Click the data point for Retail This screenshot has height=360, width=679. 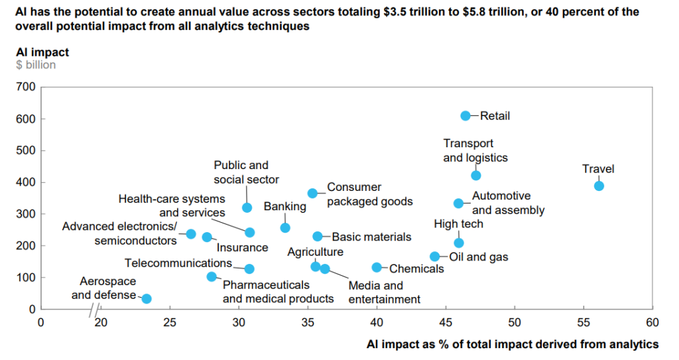tap(465, 116)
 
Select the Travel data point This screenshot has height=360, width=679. tap(599, 186)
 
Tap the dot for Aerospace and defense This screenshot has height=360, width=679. tap(147, 299)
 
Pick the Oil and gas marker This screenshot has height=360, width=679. tap(435, 257)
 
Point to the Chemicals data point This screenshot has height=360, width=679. tap(377, 268)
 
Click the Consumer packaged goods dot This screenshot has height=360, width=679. tap(312, 194)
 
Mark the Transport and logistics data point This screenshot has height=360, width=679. tap(475, 176)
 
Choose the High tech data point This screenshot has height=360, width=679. tap(459, 243)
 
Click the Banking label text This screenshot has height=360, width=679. tap(285, 207)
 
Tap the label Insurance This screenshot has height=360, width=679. tap(243, 248)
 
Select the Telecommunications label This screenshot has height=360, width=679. tap(178, 263)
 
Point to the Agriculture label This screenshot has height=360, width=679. tap(315, 252)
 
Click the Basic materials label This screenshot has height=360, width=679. tap(371, 237)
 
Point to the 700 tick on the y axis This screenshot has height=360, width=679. tap(27, 87)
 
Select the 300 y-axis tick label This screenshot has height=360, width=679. tap(27, 214)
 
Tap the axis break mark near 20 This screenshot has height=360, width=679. tap(95, 310)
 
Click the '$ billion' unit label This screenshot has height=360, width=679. tap(36, 65)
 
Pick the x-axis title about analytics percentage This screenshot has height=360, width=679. tap(513, 344)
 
